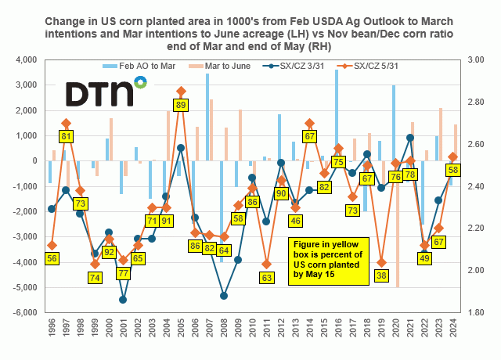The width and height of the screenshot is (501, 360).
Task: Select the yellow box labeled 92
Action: click(109, 252)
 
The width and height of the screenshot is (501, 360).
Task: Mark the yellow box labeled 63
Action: click(267, 277)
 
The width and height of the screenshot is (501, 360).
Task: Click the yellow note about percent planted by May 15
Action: click(326, 259)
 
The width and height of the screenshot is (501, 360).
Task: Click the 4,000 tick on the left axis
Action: click(28, 60)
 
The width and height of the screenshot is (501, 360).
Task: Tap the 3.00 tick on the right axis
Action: click(476, 60)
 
